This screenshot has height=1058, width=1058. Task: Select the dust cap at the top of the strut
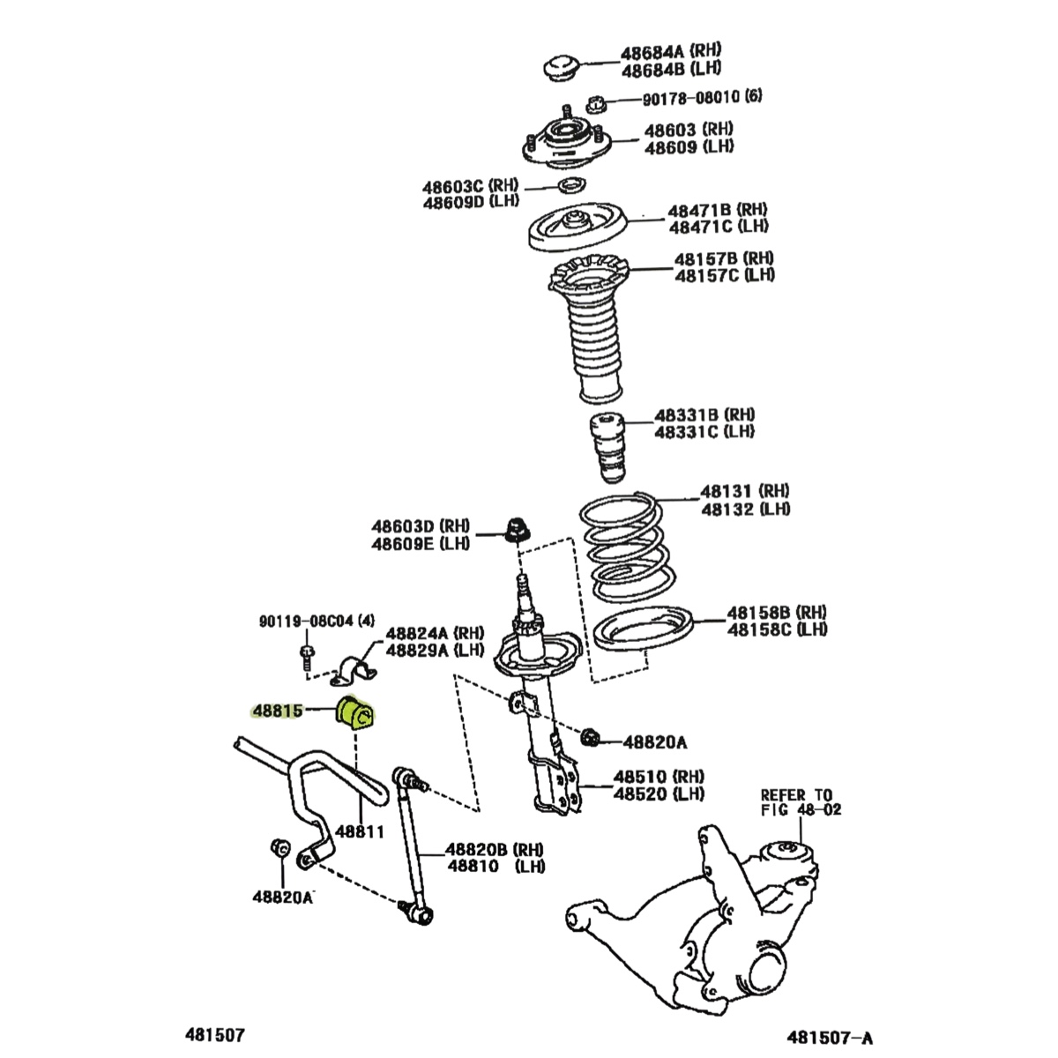[x=559, y=68]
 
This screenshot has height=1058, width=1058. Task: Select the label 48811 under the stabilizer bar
[x=360, y=831]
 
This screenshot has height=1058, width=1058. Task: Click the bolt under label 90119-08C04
[x=306, y=656]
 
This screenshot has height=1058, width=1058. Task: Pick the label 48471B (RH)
[x=717, y=210]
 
